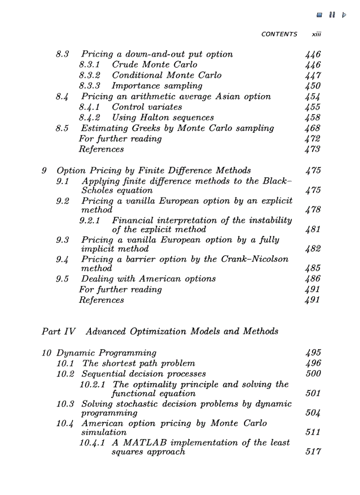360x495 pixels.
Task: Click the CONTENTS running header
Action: [x=279, y=34]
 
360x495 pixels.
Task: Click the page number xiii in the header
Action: [x=316, y=34]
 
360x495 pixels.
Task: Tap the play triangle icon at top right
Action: [x=344, y=15]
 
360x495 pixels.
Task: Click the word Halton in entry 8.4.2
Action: [x=155, y=118]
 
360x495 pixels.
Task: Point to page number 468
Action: [x=312, y=128]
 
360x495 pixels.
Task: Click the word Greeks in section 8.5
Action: [x=147, y=128]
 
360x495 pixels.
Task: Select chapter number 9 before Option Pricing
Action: [x=44, y=171]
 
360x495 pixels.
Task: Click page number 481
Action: [x=312, y=230]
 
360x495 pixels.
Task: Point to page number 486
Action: [x=312, y=279]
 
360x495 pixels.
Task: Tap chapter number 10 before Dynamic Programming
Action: [x=47, y=353]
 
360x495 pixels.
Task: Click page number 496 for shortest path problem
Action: [x=312, y=364]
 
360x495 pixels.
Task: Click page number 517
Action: [x=312, y=452]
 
